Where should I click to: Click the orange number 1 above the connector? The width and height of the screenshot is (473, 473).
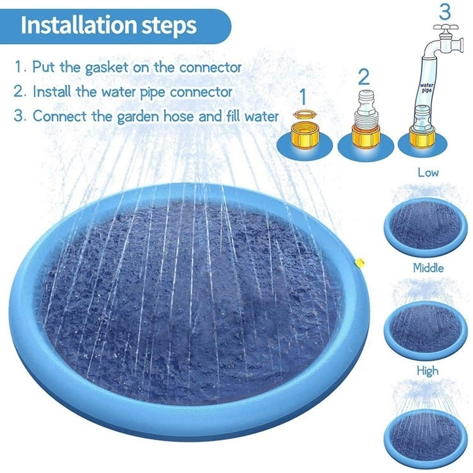302,97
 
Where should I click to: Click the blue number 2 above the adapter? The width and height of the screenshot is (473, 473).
363,77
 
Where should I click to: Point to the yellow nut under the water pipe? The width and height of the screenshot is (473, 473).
423,134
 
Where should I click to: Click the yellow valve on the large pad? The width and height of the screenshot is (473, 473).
358,260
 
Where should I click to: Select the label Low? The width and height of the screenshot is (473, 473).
428,172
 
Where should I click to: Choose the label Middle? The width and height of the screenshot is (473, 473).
428,268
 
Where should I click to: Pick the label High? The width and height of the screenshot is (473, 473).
427,371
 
